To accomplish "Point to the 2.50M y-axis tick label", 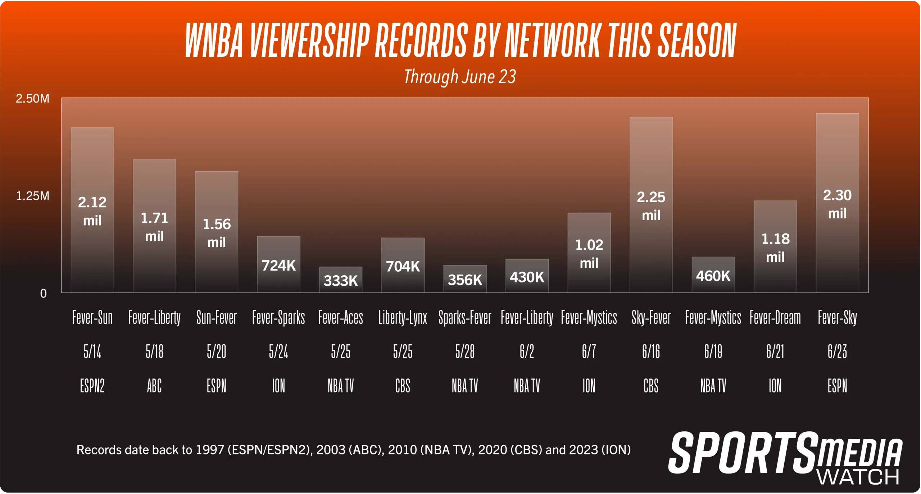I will pos(32,99).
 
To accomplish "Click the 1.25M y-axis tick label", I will pos(33,196).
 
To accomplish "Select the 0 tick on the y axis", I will pos(43,294).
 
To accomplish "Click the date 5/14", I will pos(92,352).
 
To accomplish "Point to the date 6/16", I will pos(651,352).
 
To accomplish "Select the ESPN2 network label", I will pos(92,386).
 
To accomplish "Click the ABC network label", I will pos(154,386).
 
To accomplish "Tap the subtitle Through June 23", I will pos(460,77).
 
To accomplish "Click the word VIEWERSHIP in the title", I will pos(309,40).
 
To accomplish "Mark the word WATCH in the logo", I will pos(858,477).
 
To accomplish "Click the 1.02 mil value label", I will pos(589,254).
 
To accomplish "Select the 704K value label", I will pos(403,267).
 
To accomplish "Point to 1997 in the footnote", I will pos(210,450).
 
